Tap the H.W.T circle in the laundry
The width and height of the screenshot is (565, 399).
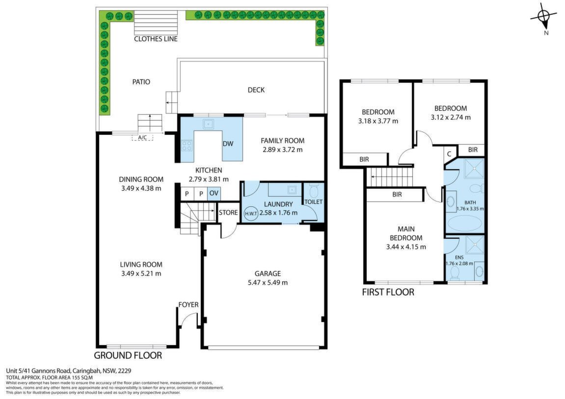click(251, 213)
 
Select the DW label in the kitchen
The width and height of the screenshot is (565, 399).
click(228, 144)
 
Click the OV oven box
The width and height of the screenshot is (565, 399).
click(214, 193)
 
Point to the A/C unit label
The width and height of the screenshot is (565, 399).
click(142, 137)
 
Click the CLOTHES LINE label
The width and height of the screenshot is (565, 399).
click(156, 39)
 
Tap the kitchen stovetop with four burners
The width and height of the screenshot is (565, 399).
click(187, 146)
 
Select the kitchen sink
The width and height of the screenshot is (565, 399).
click(208, 124)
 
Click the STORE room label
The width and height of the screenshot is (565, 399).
click(228, 212)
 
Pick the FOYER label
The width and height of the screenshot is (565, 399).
click(188, 305)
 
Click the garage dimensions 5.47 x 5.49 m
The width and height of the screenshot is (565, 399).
click(268, 283)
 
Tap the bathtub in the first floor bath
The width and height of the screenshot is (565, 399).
click(464, 224)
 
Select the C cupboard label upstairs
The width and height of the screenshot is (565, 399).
click(449, 154)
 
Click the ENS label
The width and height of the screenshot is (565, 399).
click(459, 258)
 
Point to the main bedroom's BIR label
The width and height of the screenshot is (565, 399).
click(397, 194)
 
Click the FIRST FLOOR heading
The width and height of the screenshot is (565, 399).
click(388, 292)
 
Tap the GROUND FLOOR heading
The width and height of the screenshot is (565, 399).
click(128, 355)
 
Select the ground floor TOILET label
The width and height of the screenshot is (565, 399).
click(314, 202)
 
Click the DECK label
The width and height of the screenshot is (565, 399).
click(256, 90)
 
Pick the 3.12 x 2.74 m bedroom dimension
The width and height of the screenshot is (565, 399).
click(451, 117)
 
